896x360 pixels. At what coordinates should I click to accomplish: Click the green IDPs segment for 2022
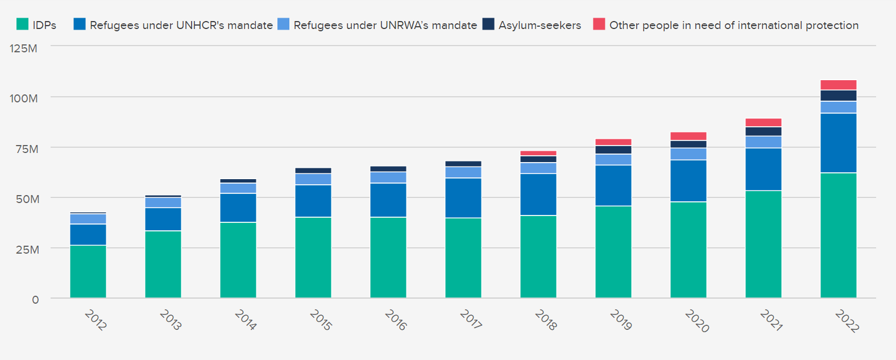tap(838, 235)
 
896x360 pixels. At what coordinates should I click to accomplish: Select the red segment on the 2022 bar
tap(838, 85)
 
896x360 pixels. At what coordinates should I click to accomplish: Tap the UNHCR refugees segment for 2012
tap(88, 234)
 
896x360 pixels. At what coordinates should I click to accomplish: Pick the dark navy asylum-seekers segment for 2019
tap(613, 150)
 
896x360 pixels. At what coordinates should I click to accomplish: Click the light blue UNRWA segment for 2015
tap(313, 179)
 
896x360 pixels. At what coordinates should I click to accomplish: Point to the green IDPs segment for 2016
tap(388, 257)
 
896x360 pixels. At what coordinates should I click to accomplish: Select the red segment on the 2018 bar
tap(538, 154)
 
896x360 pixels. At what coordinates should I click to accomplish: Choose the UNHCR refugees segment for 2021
tap(763, 169)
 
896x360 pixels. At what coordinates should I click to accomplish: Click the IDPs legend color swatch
tap(22, 24)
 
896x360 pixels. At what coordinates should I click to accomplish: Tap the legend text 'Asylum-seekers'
tap(540, 25)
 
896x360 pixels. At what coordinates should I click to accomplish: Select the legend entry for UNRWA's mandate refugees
tap(385, 25)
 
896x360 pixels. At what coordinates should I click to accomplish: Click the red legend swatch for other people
tap(599, 24)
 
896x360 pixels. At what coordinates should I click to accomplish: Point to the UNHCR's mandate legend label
tap(181, 25)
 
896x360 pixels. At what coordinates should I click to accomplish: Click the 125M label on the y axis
tap(24, 48)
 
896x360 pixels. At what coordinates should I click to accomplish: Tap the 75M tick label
tap(27, 149)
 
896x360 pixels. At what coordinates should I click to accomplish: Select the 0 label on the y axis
tap(35, 300)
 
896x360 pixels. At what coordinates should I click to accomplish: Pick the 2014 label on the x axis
tap(245, 320)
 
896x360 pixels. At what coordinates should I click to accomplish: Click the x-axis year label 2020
tap(696, 321)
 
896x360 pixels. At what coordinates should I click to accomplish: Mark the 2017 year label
tap(471, 320)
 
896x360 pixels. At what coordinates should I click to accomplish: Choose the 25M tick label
tap(27, 250)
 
